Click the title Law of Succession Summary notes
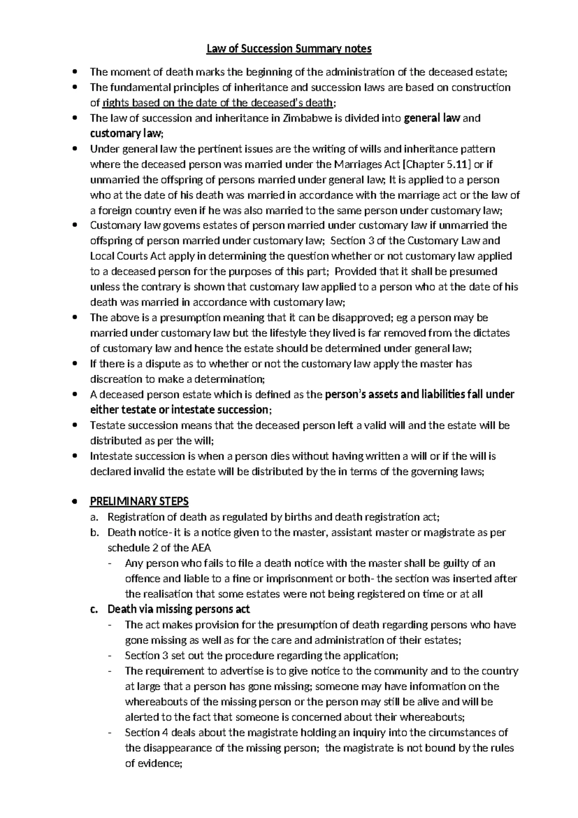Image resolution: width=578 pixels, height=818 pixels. pyautogui.click(x=289, y=49)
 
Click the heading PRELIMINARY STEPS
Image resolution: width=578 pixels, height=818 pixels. pyautogui.click(x=139, y=501)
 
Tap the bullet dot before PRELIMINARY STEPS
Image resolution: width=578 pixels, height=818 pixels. pyautogui.click(x=74, y=502)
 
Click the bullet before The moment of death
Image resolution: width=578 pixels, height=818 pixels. pyautogui.click(x=74, y=72)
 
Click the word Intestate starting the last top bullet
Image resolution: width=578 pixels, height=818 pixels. pyautogui.click(x=111, y=456)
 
